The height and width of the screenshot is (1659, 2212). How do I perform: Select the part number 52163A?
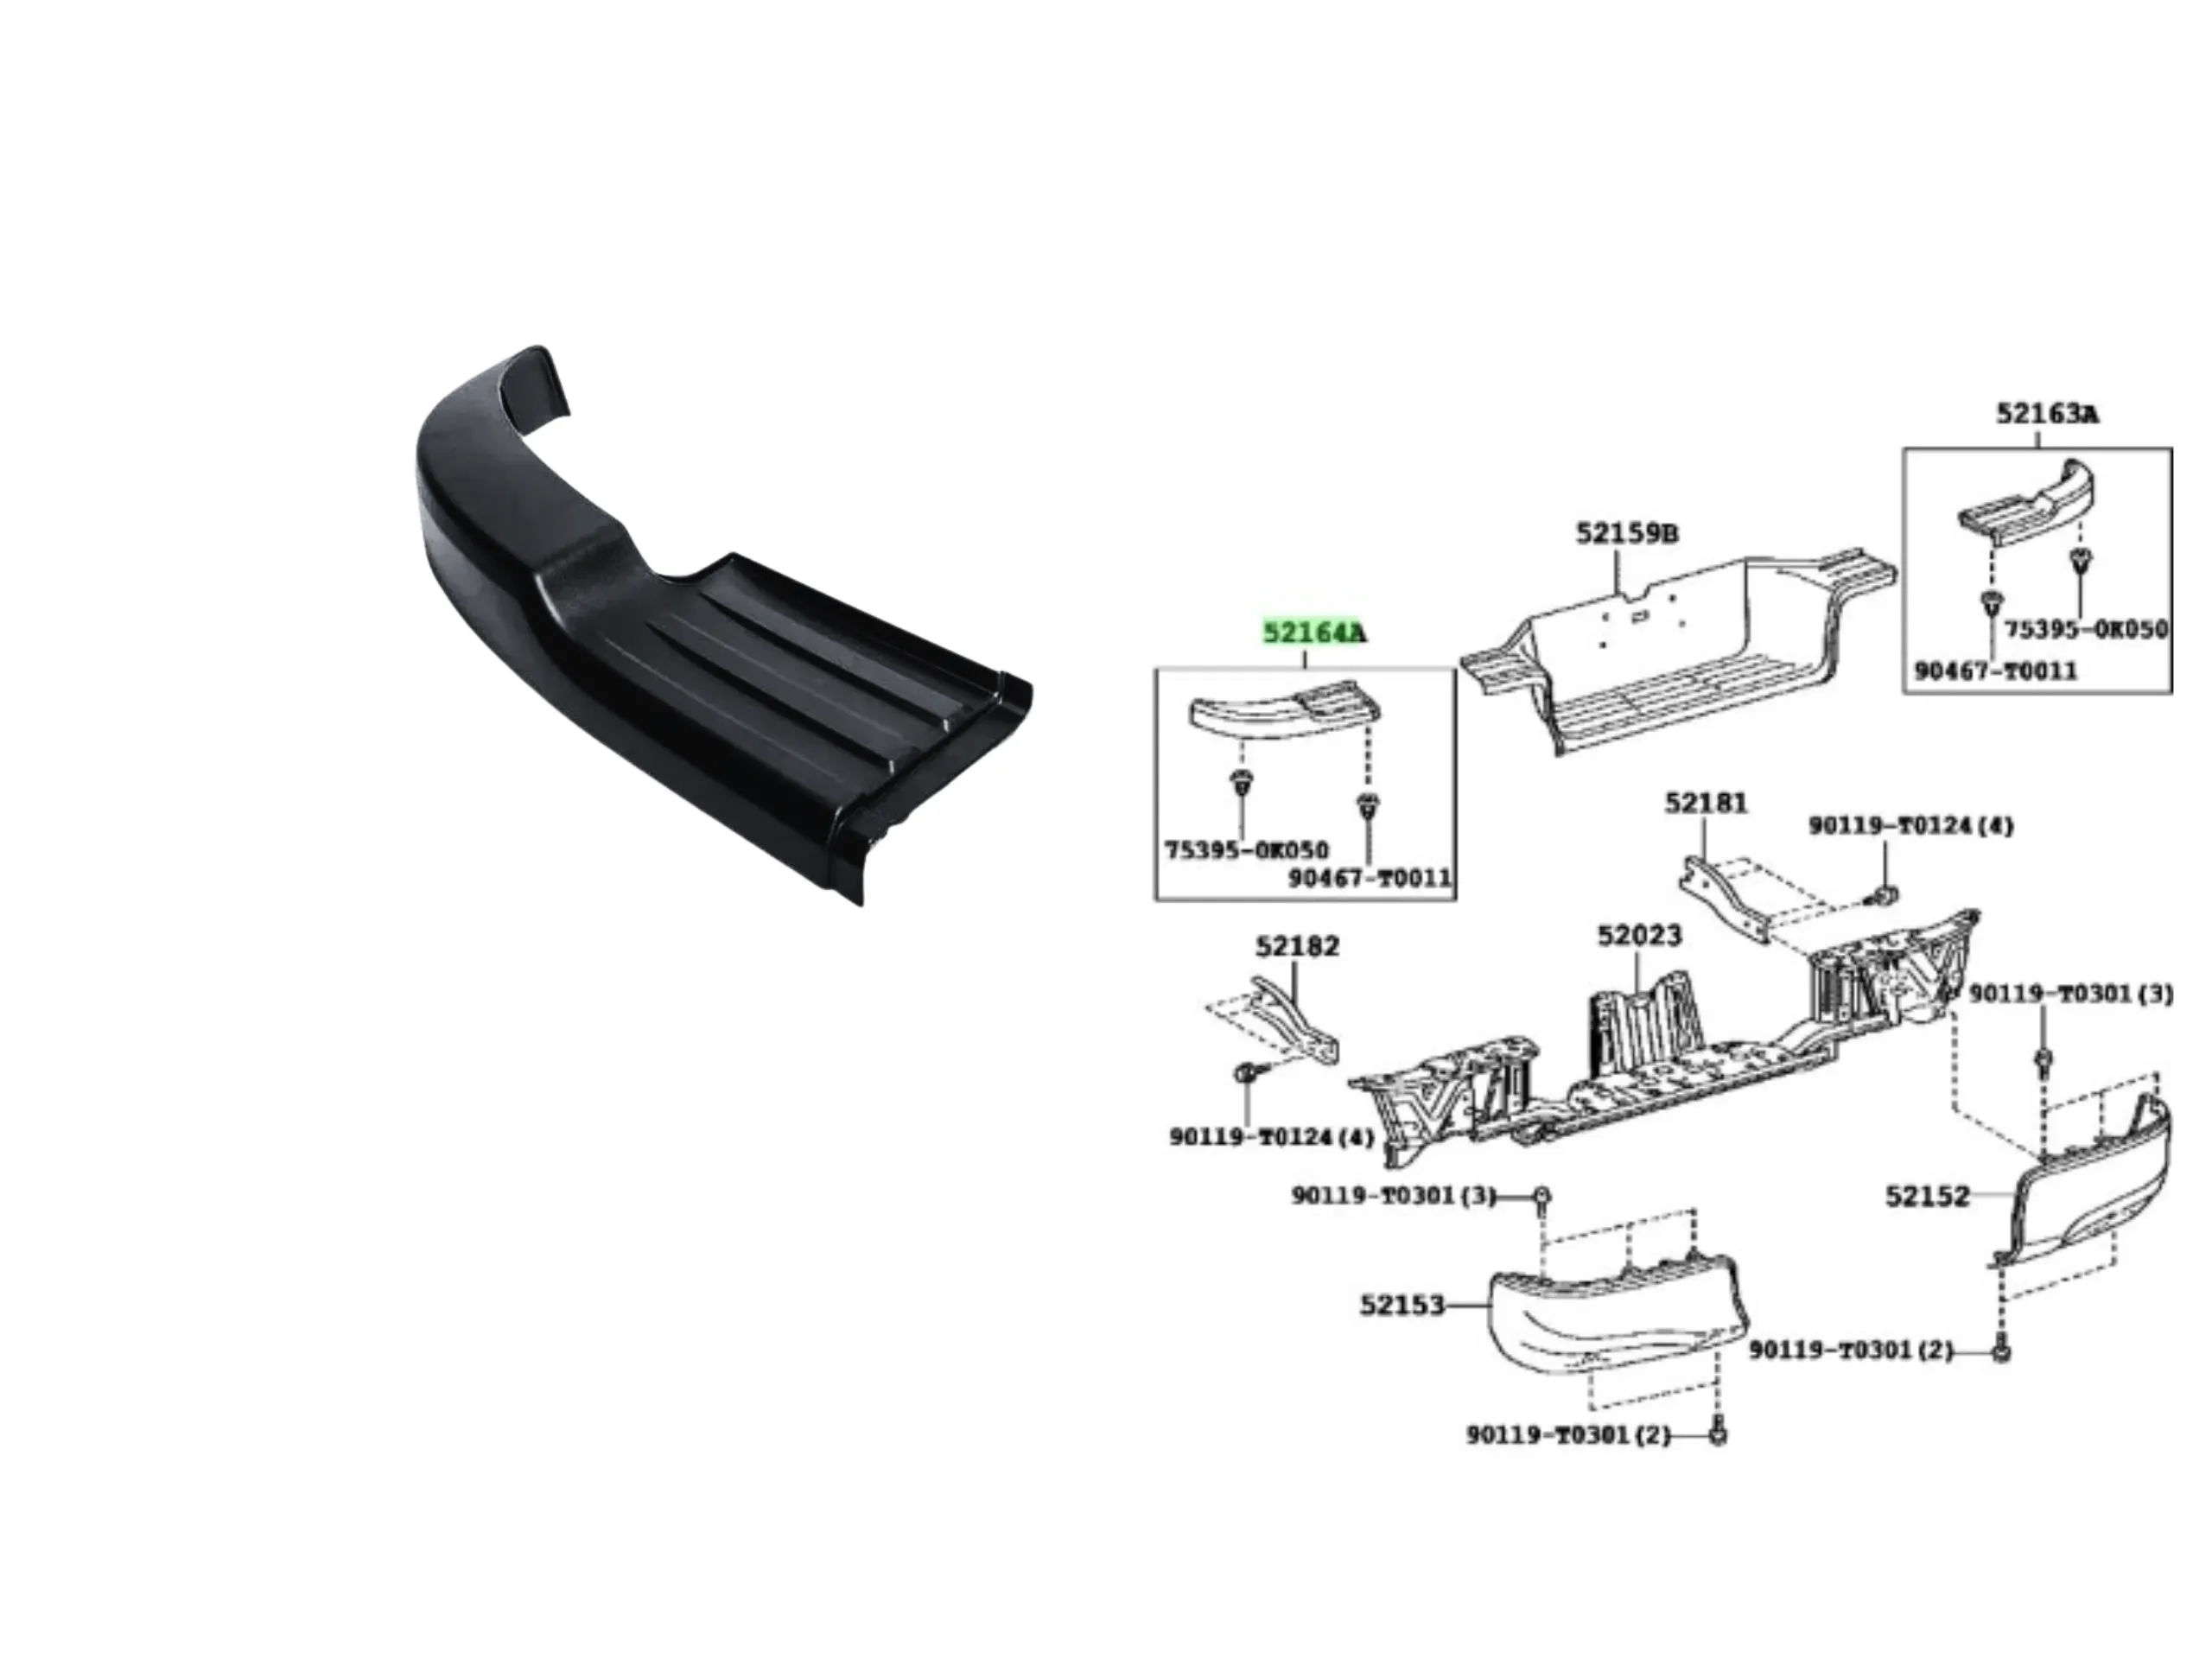click(x=2048, y=413)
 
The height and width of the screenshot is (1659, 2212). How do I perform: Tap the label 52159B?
click(x=1627, y=533)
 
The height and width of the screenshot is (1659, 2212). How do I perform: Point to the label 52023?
click(x=1640, y=936)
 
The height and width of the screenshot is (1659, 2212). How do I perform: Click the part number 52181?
click(x=1707, y=803)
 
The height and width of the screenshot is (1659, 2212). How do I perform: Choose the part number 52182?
click(x=1297, y=946)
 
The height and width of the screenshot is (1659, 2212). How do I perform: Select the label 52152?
click(x=1927, y=1196)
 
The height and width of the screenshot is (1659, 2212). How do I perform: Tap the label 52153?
click(x=1402, y=1305)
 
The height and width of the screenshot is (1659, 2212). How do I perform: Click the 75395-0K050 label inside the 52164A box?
click(x=1247, y=851)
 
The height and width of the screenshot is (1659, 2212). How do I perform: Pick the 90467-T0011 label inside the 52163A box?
click(x=1996, y=671)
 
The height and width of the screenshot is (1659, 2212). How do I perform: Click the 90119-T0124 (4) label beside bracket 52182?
click(x=1272, y=1138)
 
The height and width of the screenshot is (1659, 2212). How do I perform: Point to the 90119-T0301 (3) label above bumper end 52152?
click(x=2071, y=995)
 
